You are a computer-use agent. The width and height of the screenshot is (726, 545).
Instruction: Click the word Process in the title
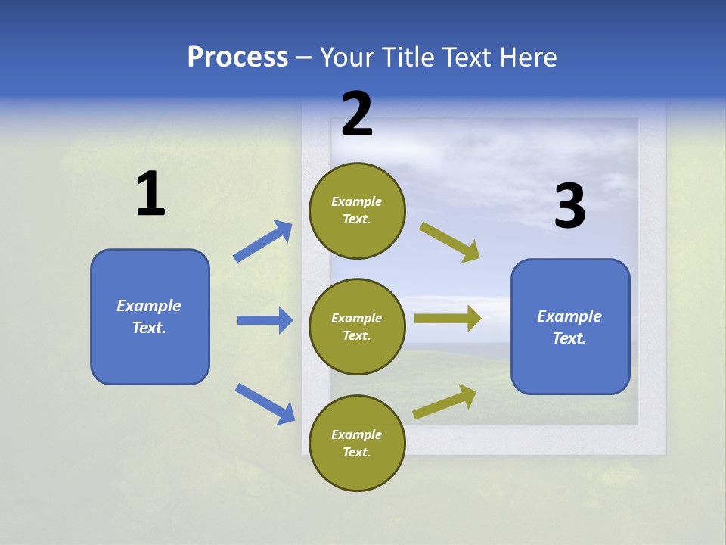[237, 58]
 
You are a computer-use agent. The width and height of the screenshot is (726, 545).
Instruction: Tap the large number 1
[150, 194]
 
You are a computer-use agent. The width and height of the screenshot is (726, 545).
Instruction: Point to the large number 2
[357, 114]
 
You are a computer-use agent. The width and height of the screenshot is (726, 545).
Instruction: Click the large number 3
[569, 207]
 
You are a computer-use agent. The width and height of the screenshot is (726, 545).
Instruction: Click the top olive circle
[357, 210]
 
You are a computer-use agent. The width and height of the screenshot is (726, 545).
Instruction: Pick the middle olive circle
[357, 326]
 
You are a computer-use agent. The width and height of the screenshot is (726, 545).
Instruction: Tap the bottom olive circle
[357, 443]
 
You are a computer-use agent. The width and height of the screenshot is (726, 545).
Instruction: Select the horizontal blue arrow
[265, 320]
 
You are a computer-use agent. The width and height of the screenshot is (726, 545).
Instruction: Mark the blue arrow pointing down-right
[265, 403]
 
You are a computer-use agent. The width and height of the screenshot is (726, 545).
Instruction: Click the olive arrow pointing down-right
[450, 242]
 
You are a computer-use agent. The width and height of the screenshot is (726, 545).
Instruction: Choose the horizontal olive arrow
[448, 319]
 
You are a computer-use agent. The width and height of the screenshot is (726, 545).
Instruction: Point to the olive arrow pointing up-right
[445, 402]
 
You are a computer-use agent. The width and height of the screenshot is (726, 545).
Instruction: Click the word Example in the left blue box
[149, 306]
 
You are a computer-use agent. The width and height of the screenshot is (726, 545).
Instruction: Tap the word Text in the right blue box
[569, 338]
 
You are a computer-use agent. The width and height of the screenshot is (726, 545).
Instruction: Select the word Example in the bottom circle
[356, 434]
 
